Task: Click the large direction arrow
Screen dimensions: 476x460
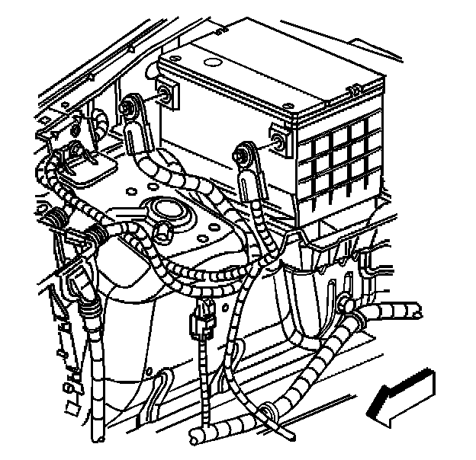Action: click(404, 395)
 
